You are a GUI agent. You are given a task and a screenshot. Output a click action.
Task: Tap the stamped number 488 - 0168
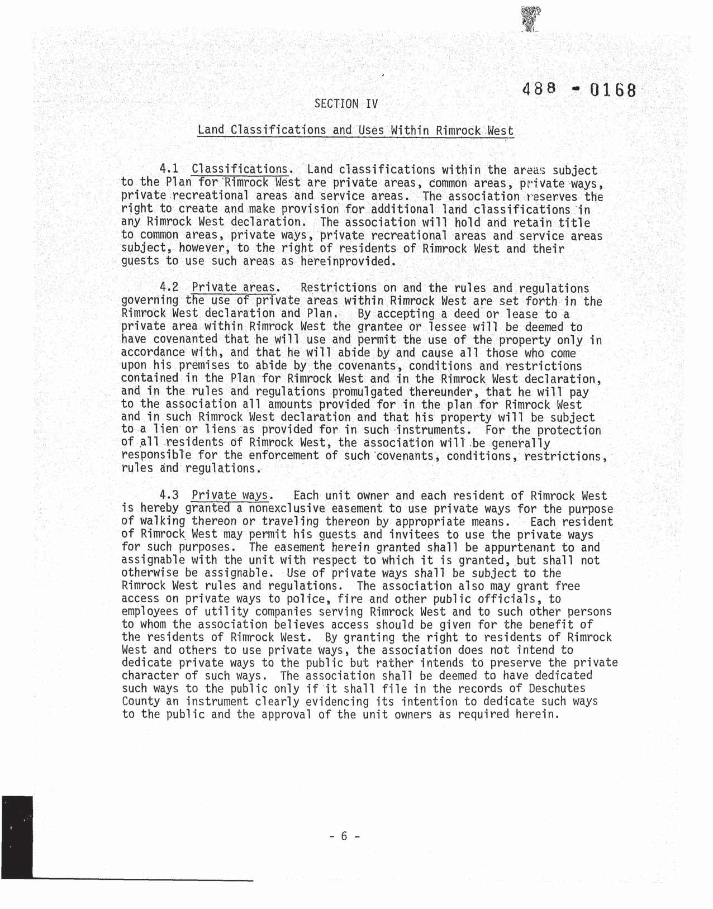579,89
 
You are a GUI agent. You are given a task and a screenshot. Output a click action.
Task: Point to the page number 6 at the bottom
344,836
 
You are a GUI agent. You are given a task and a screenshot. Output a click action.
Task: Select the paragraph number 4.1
168,169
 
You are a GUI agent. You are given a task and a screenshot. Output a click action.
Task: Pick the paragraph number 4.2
168,288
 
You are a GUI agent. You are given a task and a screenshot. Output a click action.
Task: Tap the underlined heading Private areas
234,288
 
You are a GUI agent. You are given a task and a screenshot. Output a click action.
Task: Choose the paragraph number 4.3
168,496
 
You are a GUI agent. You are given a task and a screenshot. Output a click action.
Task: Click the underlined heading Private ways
231,496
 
